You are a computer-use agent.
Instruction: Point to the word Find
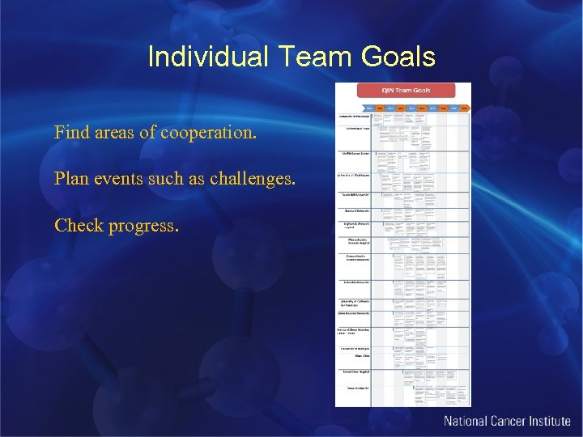tap(71, 132)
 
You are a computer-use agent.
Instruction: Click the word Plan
tap(71, 178)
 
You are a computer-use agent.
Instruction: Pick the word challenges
tap(252, 178)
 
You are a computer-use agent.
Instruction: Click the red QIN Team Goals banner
tap(404, 91)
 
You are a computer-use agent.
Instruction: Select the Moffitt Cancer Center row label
tap(357, 153)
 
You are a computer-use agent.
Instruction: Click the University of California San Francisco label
tap(355, 302)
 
